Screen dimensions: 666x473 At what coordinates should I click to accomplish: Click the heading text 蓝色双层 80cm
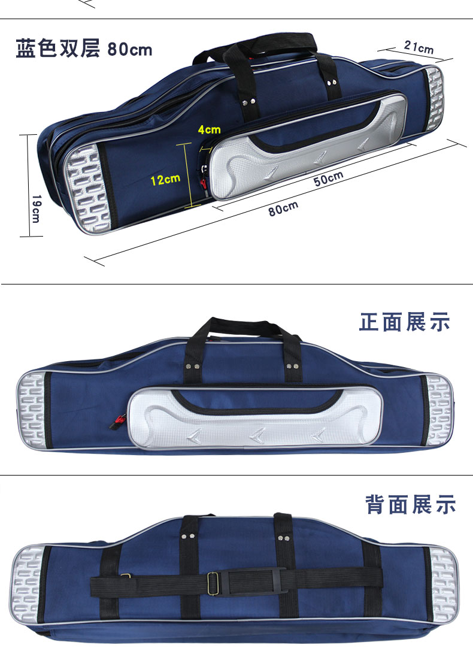pos(84,49)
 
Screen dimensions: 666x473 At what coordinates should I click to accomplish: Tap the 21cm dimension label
pos(419,47)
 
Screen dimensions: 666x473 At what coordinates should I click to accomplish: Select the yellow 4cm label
pos(210,129)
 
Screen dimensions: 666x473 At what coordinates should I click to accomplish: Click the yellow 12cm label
pos(165,178)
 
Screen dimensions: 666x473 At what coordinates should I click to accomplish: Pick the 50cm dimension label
pos(329,178)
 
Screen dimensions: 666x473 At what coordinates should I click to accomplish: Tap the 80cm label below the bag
pos(283,210)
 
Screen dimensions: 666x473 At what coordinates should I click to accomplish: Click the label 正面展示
pos(405,322)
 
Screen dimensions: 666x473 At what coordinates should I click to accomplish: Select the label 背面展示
pos(411,504)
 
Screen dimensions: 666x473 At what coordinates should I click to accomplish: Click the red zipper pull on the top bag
pos(204,183)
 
